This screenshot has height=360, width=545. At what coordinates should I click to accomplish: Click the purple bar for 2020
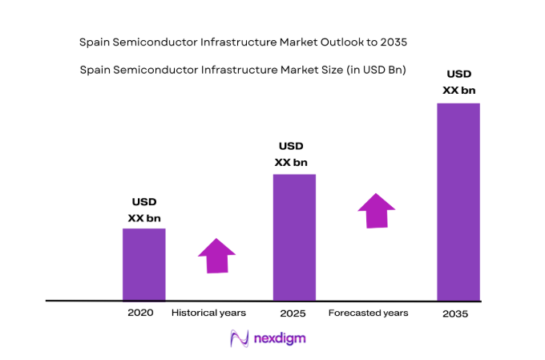pos(143,265)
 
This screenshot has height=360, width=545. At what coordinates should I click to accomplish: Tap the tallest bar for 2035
pos(458,201)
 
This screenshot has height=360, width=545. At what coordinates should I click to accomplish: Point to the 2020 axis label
pos(140,312)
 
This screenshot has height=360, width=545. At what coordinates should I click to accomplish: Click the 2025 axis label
pos(293,313)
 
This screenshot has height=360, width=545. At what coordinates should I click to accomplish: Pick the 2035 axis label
pos(455,313)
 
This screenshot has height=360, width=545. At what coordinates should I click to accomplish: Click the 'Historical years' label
pos(208,312)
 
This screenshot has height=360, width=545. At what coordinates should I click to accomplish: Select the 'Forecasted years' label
pos(368,312)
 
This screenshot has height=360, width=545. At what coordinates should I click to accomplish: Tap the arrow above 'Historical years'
pos(216,256)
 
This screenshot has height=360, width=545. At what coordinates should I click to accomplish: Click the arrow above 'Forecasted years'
pos(376,210)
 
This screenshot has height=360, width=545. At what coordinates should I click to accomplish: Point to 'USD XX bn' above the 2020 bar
pos(144,209)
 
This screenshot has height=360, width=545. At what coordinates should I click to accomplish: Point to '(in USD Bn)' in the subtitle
pos(376,70)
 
